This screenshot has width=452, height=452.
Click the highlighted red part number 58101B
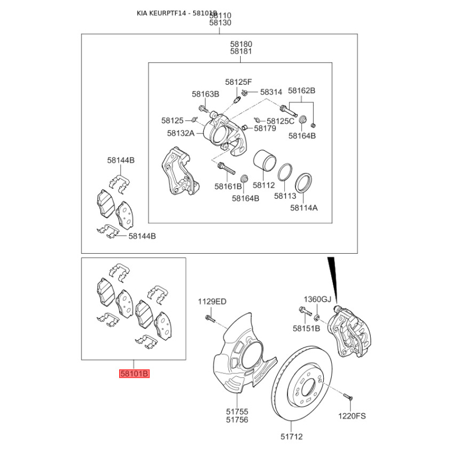tap(134, 373)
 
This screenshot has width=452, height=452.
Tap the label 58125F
tap(238, 82)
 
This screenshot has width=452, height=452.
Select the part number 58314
tap(271, 92)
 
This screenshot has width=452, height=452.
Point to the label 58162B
tap(302, 90)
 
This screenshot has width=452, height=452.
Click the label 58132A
tap(181, 133)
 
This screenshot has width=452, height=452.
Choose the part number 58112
tap(264, 185)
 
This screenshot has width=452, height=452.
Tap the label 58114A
tap(304, 207)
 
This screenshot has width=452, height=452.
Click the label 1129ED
tap(212, 302)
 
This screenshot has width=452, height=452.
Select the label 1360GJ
tap(318, 299)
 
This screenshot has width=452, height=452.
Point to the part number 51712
tap(292, 437)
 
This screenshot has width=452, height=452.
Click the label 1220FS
tap(351, 416)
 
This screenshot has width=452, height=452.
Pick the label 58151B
tap(306, 328)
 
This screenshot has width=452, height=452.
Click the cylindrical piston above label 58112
tap(264, 159)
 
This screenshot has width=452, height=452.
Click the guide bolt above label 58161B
tap(226, 168)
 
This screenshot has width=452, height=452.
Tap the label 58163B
tap(206, 94)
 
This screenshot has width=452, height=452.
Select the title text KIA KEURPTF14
tap(162, 13)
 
